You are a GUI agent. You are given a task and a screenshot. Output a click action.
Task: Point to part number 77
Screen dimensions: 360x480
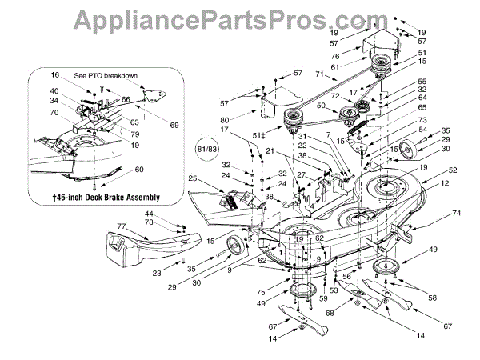tap(121, 226)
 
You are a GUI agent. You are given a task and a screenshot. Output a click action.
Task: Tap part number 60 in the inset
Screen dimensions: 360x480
tap(140, 169)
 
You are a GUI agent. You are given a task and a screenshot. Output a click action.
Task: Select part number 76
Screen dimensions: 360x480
tap(337, 56)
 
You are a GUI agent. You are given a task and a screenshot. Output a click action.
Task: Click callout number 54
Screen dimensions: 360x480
tap(423, 129)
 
